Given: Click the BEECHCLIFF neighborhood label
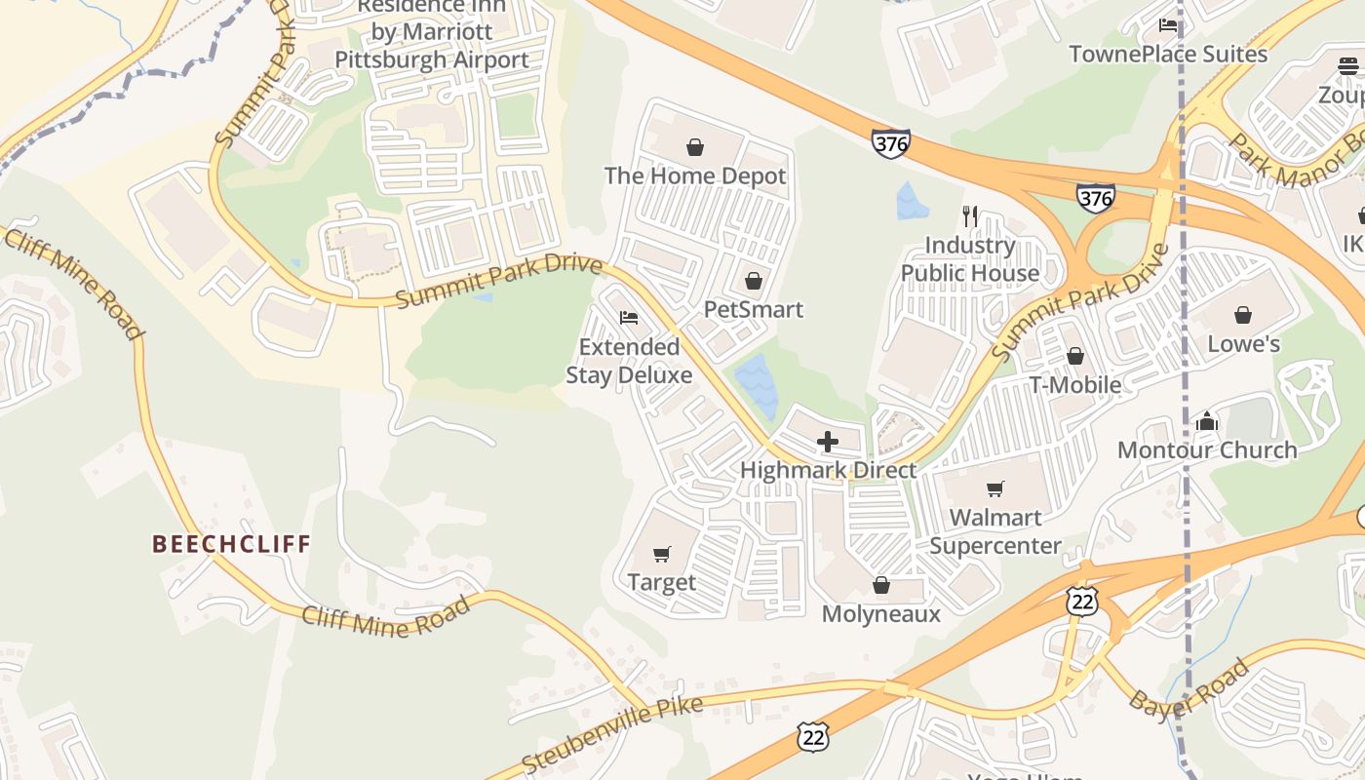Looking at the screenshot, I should (x=231, y=544).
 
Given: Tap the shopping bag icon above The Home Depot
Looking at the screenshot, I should (x=695, y=147).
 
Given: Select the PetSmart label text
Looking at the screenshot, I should (x=754, y=310).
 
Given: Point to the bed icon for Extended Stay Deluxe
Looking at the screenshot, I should (x=629, y=318).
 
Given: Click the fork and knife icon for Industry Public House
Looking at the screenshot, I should (x=969, y=215).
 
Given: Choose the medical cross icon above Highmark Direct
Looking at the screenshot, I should (x=827, y=442).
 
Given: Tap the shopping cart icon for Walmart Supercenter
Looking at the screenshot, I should (x=994, y=488).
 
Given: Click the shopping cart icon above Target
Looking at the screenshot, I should (x=662, y=554).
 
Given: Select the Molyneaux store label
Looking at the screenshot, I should (x=880, y=613).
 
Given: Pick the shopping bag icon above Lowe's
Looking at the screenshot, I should (x=1243, y=315).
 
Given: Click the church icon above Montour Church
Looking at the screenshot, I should (x=1207, y=421).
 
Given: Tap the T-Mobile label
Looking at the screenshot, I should (x=1074, y=385).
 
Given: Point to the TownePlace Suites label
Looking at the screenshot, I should (x=1168, y=54).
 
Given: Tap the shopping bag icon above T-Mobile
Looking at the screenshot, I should (x=1074, y=356).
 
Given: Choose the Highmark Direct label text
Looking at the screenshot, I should (x=828, y=470).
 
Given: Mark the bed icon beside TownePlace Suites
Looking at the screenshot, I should (x=1168, y=25).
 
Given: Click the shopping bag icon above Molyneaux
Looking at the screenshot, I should (x=881, y=585).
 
